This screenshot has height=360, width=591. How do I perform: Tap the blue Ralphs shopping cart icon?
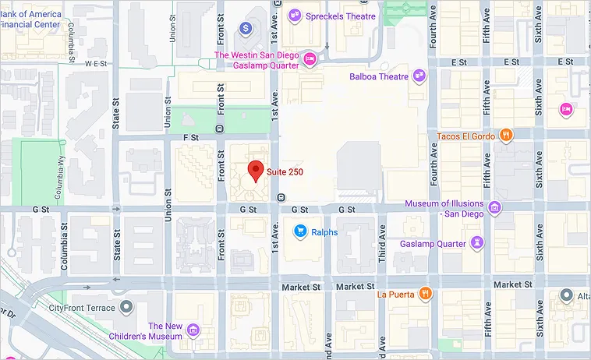click(x=299, y=231)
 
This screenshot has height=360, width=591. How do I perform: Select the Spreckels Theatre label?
click(x=341, y=16)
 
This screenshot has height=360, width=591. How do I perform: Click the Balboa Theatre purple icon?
click(x=420, y=76)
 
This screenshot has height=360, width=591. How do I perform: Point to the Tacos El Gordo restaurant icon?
click(x=506, y=136)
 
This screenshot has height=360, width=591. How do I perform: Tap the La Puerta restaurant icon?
click(x=426, y=294)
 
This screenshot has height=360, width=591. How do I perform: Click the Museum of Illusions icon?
click(x=494, y=208)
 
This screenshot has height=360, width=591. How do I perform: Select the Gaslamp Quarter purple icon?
click(x=477, y=243)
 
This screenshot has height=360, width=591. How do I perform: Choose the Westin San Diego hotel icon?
click(x=310, y=59)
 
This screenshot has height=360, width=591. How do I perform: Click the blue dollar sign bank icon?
click(x=246, y=29)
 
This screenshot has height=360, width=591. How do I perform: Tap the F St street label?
click(x=192, y=137)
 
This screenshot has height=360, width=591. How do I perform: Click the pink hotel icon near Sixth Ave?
click(x=565, y=109)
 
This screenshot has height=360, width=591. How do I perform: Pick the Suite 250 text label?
click(x=285, y=171)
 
